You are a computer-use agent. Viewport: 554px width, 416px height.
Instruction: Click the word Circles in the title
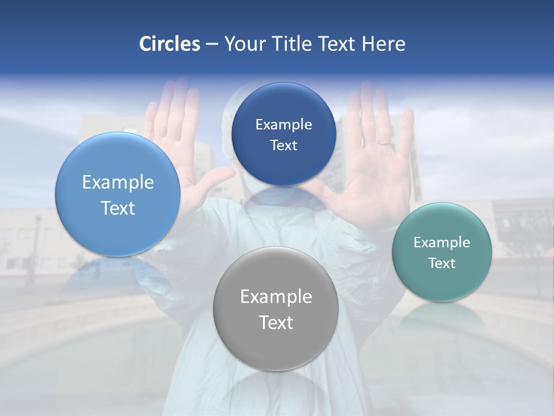[169, 44]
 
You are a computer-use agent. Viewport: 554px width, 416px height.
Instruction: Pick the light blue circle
[118, 231]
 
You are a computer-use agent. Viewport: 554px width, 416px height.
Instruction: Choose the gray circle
[276, 347]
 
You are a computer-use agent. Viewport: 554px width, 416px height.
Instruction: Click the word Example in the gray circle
[276, 297]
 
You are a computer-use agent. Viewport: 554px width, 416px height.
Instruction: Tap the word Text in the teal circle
[442, 263]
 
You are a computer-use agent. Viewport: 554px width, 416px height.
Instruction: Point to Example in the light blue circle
[118, 183]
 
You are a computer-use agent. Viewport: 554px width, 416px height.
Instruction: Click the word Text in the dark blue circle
[283, 146]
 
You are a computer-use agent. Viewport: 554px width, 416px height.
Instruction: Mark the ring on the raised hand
[384, 141]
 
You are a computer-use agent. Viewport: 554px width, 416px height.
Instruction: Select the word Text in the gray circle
[276, 322]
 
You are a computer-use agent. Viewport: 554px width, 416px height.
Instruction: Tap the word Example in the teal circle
[442, 243]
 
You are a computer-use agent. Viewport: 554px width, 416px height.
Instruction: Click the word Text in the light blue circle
[118, 208]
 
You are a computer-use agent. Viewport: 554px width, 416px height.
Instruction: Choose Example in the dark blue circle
[283, 125]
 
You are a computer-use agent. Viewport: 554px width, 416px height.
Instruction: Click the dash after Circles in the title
[212, 44]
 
